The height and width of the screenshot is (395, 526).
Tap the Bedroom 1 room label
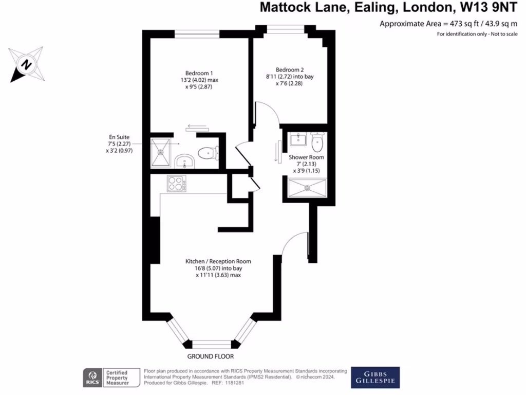(x=198, y=73)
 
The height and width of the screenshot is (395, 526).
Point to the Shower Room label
(x=306, y=157)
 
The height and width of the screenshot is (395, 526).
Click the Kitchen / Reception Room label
(x=218, y=261)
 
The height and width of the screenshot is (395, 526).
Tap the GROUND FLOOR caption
(x=211, y=356)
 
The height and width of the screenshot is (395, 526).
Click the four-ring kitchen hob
(x=176, y=184)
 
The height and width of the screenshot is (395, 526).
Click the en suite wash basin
(x=184, y=162)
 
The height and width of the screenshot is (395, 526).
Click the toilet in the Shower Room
(x=317, y=140)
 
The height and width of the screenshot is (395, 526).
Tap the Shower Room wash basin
(x=297, y=139)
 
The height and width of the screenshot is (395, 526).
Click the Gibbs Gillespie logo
(x=374, y=377)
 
